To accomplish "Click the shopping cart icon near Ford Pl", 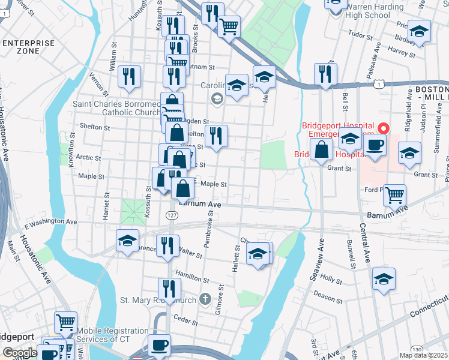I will [394, 194].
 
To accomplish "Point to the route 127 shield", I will [172, 215].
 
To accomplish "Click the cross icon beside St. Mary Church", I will [205, 299].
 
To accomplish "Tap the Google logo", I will [20, 353].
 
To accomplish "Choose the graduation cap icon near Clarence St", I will [127, 241].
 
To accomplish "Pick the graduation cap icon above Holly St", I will [384, 279].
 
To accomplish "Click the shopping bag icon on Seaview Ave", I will [322, 150].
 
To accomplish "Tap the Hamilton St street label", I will [193, 280].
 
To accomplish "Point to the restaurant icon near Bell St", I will [325, 74].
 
